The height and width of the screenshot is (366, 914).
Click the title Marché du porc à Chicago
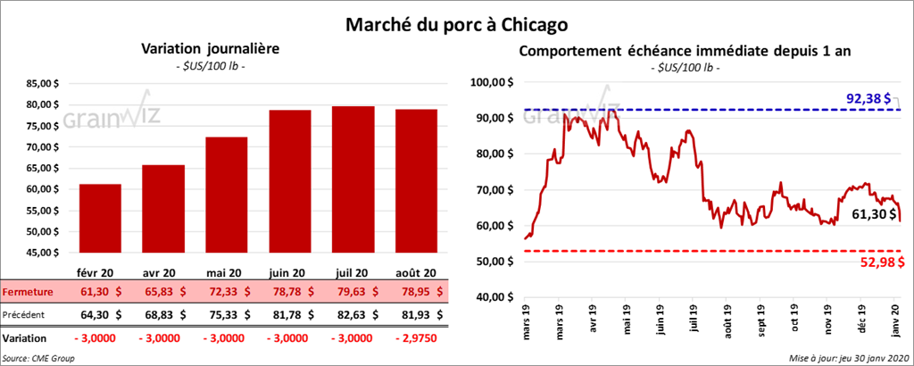click(x=456, y=22)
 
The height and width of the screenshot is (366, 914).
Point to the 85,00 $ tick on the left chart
click(x=47, y=84)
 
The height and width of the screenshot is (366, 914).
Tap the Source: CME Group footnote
click(x=38, y=358)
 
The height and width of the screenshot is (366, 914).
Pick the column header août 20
click(x=416, y=273)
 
